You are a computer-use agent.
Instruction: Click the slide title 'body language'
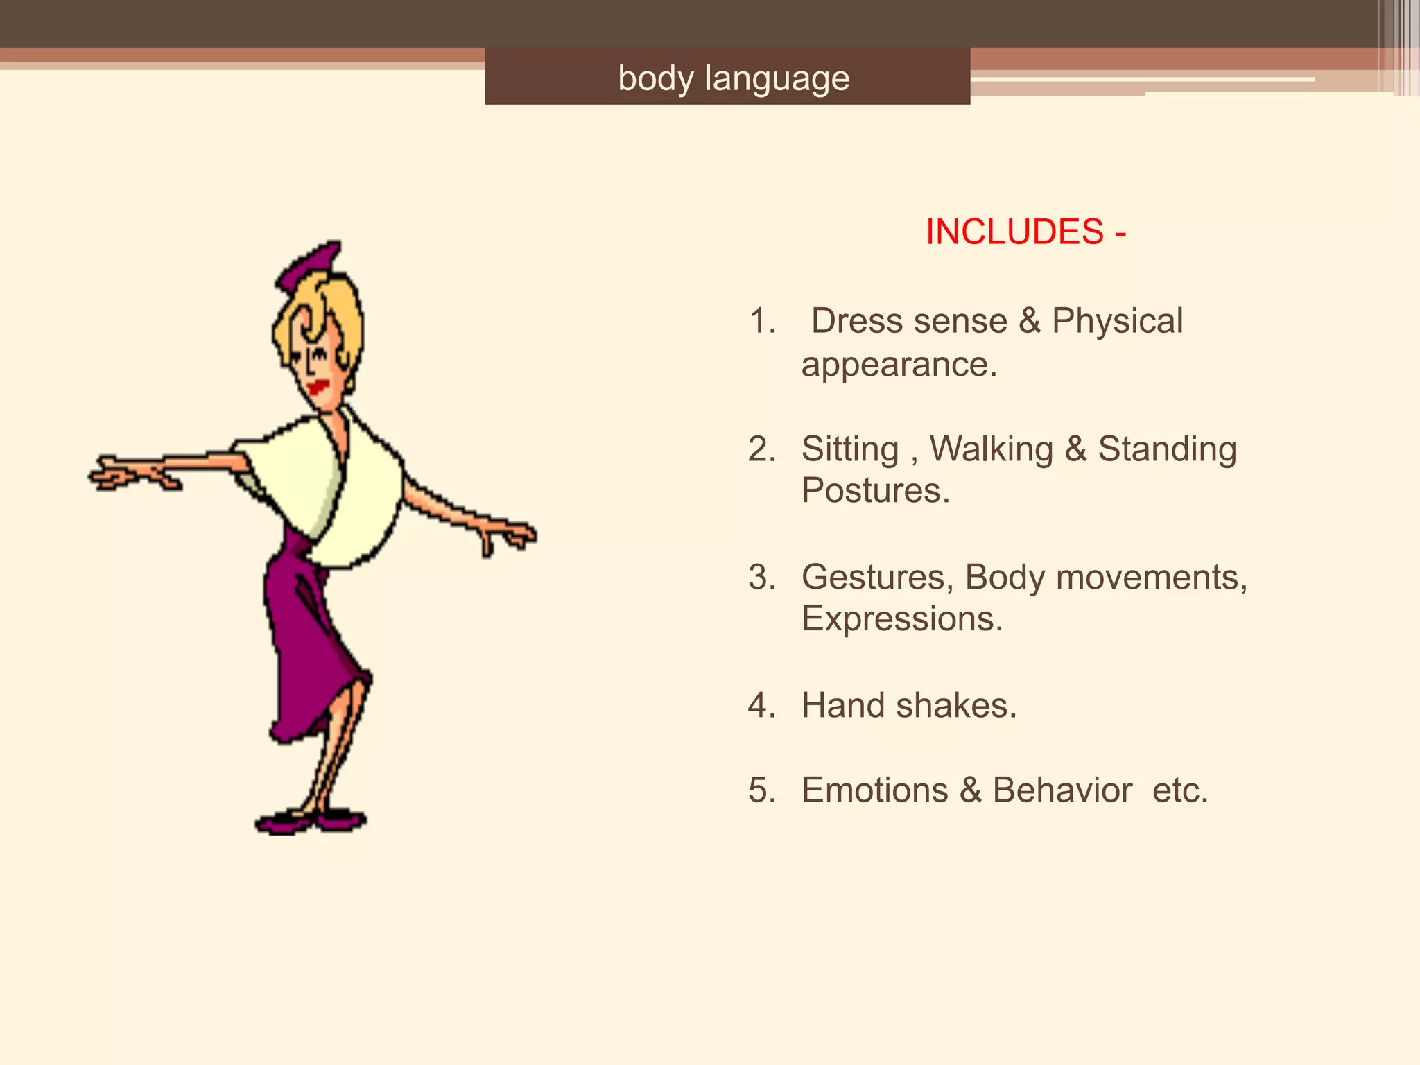[x=734, y=78]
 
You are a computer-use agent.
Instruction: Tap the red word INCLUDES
[x=1014, y=232]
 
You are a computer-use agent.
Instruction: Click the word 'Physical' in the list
[x=1117, y=321]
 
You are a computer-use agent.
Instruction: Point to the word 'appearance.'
[x=899, y=365]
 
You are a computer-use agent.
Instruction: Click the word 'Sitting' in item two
[x=850, y=449]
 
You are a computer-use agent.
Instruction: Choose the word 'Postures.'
[x=876, y=491]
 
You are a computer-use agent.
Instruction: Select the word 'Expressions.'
[x=902, y=618]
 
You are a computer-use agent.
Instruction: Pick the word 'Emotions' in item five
[x=875, y=790]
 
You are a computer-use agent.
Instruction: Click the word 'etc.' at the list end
[x=1180, y=790]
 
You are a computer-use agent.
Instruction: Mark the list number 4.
[x=761, y=706]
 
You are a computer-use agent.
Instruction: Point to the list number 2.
[x=761, y=449]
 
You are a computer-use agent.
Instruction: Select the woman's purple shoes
[x=312, y=822]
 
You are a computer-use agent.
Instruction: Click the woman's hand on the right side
[x=510, y=536]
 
